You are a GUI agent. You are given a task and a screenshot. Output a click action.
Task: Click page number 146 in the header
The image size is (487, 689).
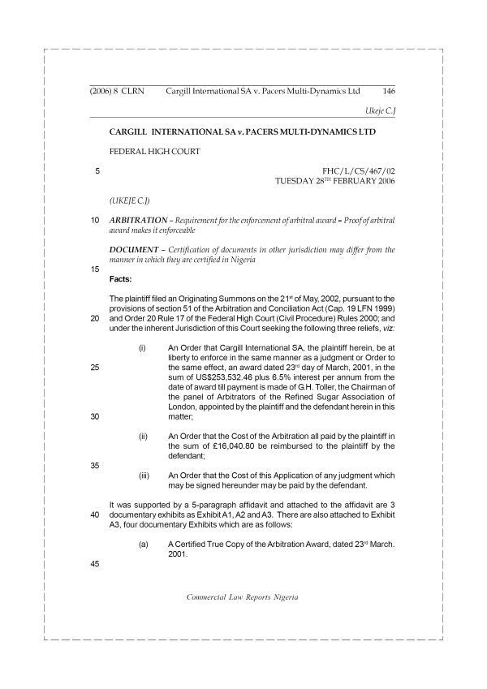pyautogui.click(x=388, y=92)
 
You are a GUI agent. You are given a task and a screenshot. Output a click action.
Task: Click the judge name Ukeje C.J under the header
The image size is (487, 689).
pyautogui.click(x=378, y=110)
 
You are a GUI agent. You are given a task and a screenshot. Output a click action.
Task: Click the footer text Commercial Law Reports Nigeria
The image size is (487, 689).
pyautogui.click(x=243, y=596)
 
